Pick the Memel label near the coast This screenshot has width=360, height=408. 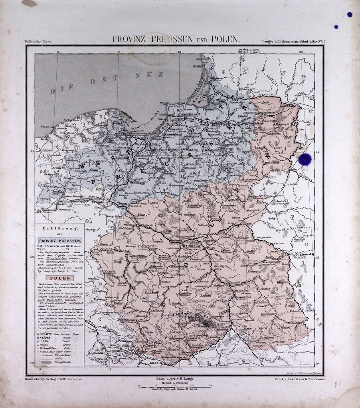[198, 66]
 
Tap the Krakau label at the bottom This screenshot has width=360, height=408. [156, 363]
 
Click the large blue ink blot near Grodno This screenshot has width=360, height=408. [305, 159]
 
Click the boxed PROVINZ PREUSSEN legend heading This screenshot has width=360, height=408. [60, 241]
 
